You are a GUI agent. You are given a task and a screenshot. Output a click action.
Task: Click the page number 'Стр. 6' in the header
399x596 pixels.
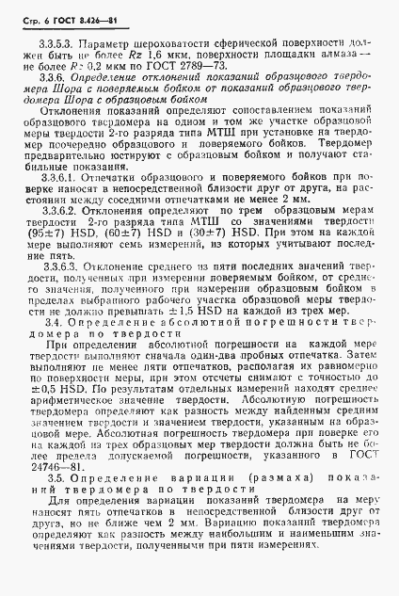tap(35, 10)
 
